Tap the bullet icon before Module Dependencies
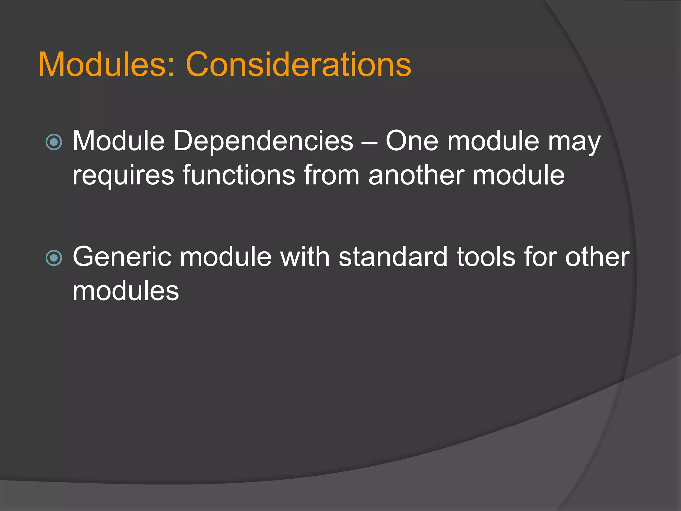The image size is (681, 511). tap(54, 142)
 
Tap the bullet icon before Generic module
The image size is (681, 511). tap(54, 258)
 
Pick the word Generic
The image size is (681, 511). tap(122, 257)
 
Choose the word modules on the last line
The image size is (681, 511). tap(126, 291)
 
